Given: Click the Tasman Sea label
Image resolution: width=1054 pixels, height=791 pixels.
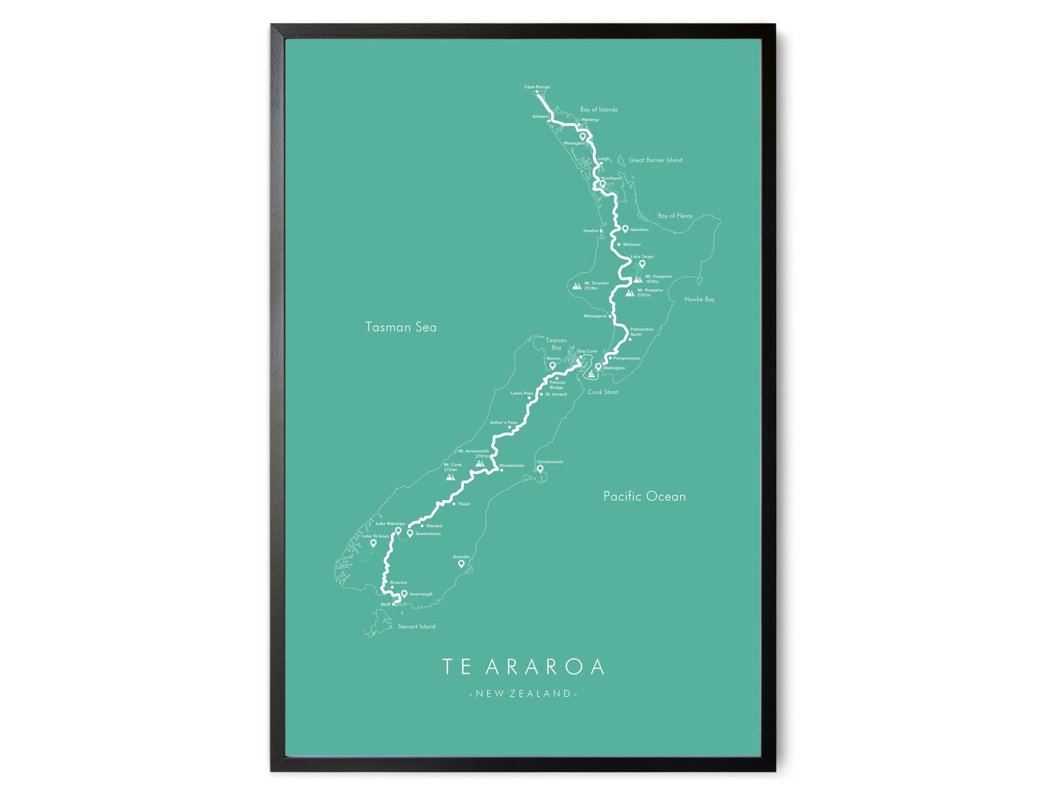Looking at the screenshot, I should click(401, 327).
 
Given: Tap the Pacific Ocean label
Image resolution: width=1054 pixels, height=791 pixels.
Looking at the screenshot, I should click(644, 496).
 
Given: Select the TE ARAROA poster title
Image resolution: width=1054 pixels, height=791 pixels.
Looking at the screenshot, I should click(523, 667).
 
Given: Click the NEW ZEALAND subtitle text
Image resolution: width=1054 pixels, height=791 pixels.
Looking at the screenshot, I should click(523, 694).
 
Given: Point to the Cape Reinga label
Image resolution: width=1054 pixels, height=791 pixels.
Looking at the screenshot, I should click(537, 87).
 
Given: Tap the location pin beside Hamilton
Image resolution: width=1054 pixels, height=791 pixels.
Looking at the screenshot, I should click(625, 228).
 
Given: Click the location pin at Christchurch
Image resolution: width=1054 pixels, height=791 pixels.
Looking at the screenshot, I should click(540, 468).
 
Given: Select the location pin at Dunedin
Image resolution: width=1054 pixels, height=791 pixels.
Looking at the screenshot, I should click(461, 564).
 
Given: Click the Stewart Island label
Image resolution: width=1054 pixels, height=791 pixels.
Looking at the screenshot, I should click(416, 626).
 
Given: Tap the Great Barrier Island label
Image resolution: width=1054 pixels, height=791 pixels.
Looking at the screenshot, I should click(655, 160).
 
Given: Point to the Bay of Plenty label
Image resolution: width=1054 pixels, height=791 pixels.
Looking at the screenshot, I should click(674, 216).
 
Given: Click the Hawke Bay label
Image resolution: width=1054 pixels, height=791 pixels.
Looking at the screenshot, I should click(700, 300).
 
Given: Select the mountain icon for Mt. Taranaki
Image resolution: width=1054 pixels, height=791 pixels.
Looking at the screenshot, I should click(577, 287).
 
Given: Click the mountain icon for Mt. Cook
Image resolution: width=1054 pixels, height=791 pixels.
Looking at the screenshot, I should click(451, 476).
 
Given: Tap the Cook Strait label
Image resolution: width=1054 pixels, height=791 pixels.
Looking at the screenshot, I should click(603, 392).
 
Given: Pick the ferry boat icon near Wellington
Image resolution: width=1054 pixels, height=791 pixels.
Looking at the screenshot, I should click(591, 375).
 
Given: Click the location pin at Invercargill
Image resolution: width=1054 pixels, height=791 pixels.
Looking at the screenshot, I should click(404, 594).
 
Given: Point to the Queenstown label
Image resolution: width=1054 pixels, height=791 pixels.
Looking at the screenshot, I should click(428, 534).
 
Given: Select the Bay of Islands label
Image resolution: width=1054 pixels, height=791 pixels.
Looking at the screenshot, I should click(599, 110).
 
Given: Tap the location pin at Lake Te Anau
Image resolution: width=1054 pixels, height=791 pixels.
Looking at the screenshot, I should click(373, 543).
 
